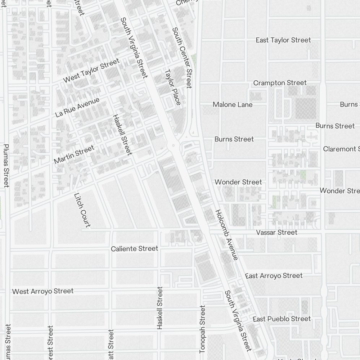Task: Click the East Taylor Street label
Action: [283, 40]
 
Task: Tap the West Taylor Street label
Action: [91, 71]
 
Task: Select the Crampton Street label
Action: [280, 83]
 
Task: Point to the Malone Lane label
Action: [233, 105]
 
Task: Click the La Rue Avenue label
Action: [77, 107]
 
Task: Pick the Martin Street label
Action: [74, 154]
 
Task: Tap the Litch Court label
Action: [82, 210]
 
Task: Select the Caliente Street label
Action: [134, 249]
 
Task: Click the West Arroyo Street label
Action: [43, 291]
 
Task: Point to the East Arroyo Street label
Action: [274, 276]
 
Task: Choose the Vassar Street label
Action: [276, 233]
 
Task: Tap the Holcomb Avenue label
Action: [226, 235]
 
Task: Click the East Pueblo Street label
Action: [282, 319]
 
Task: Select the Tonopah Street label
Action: [202, 329]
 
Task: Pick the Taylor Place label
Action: [172, 87]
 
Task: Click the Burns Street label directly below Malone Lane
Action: [234, 139]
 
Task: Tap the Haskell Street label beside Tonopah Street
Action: [160, 308]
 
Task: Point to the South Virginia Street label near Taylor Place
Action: [134, 48]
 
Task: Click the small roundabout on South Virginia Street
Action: [174, 145]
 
